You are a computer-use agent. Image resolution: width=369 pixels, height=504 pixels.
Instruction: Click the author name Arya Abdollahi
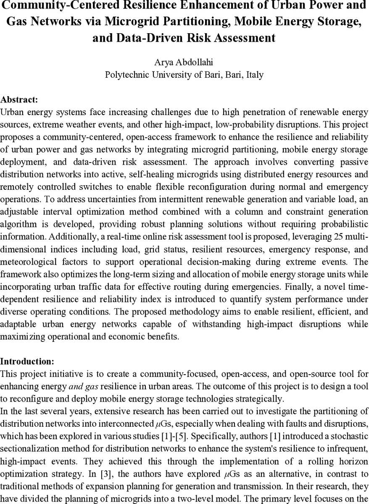(x=184, y=63)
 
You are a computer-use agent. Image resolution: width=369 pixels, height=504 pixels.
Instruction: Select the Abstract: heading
(x=19, y=100)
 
